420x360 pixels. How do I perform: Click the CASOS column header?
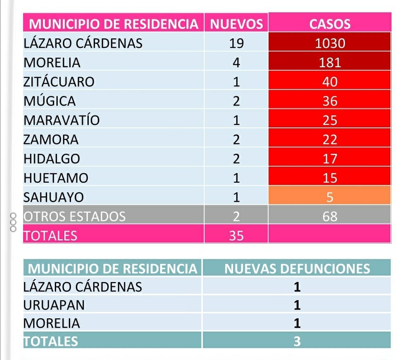pyautogui.click(x=330, y=24)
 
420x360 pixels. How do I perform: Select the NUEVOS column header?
pyautogui.click(x=236, y=24)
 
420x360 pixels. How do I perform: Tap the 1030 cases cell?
pyautogui.click(x=330, y=43)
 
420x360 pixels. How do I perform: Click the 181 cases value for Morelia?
pyautogui.click(x=330, y=63)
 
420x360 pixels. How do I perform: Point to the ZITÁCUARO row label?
pyautogui.click(x=59, y=82)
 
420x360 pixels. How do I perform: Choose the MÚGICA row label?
pyautogui.click(x=50, y=101)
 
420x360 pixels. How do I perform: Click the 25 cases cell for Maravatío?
pyautogui.click(x=330, y=120)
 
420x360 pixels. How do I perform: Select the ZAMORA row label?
pyautogui.click(x=51, y=140)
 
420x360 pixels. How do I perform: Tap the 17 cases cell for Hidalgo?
pyautogui.click(x=330, y=159)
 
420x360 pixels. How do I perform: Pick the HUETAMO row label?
pyautogui.click(x=56, y=178)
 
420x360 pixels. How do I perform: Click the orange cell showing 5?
pyautogui.click(x=330, y=197)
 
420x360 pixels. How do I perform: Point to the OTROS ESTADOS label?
pyautogui.click(x=75, y=216)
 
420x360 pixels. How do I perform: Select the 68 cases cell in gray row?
pyautogui.click(x=330, y=216)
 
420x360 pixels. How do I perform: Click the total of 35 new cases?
pyautogui.click(x=236, y=235)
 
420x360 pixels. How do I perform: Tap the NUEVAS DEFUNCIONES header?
pyautogui.click(x=297, y=269)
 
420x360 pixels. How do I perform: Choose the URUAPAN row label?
pyautogui.click(x=54, y=305)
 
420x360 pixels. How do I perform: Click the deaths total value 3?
pyautogui.click(x=297, y=341)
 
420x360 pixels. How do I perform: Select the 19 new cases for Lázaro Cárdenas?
pyautogui.click(x=236, y=43)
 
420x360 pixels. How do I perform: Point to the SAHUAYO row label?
pyautogui.click(x=54, y=197)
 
